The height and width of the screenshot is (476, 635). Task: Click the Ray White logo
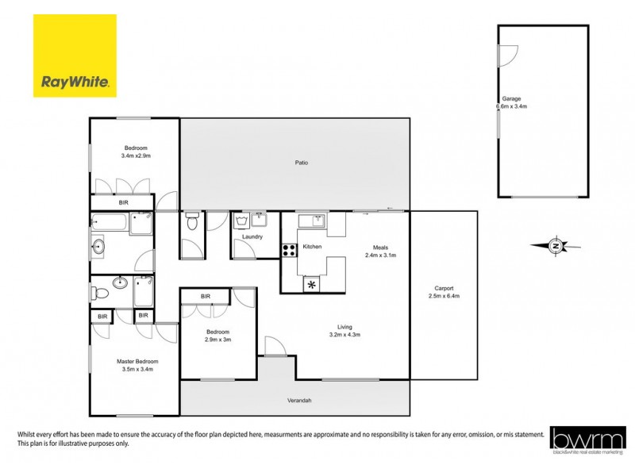(75, 56)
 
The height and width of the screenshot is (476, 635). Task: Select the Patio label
(301, 163)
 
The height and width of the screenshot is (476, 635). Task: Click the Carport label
(444, 288)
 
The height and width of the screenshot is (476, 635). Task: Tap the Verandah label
(299, 401)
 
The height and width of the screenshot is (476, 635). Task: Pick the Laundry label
(252, 236)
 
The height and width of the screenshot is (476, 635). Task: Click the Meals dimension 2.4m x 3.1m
(380, 255)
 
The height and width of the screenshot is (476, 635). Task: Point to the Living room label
(344, 327)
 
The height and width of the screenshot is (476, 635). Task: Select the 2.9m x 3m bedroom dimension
(218, 340)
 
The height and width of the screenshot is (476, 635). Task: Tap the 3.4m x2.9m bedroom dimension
(136, 156)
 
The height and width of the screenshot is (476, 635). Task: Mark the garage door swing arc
(509, 52)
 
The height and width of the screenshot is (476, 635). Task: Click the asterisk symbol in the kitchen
(312, 284)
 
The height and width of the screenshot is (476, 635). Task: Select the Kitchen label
(313, 248)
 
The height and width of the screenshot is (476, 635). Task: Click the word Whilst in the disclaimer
(28, 434)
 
